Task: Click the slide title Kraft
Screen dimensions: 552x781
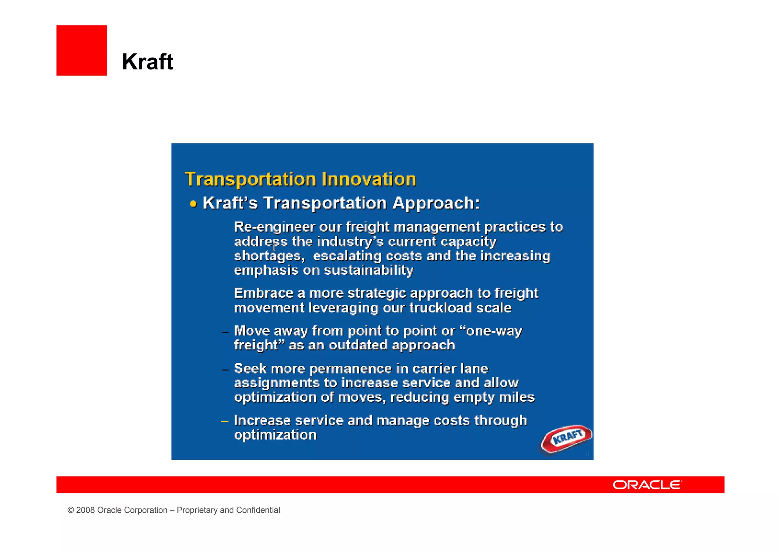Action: tap(148, 61)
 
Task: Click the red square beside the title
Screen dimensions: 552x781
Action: tap(82, 50)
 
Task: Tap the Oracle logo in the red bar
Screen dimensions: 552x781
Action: tap(647, 485)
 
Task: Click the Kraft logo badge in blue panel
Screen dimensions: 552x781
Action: tap(567, 438)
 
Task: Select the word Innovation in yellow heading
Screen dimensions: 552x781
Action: tap(368, 179)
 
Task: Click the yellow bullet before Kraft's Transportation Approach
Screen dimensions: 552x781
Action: tap(193, 204)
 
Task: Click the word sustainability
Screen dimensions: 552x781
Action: tap(368, 270)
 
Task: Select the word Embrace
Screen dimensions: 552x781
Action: tap(264, 293)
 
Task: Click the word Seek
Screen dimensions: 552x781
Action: tap(250, 369)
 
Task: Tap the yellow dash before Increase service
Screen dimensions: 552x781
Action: tap(225, 421)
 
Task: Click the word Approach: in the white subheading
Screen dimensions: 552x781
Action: tap(436, 203)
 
